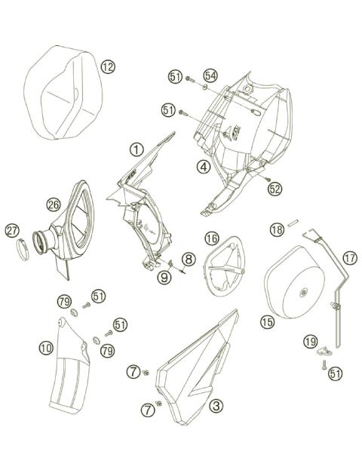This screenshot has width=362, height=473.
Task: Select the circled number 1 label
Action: tap(136, 149)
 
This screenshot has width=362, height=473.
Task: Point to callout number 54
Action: tap(210, 76)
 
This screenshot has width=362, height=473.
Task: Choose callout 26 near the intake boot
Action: tap(53, 204)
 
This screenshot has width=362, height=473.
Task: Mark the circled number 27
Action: tap(13, 230)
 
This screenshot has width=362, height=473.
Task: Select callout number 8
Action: tap(189, 260)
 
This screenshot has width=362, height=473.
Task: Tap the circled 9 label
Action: tap(164, 276)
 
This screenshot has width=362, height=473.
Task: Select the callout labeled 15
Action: tap(267, 321)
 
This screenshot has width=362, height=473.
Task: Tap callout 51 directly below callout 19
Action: tap(335, 372)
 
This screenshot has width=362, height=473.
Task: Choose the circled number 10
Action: tap(46, 348)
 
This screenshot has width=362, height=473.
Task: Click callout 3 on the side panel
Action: tap(216, 406)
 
